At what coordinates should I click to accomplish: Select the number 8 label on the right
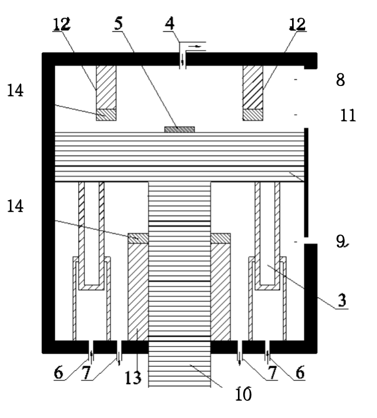(341, 81)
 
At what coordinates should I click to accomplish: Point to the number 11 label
(347, 115)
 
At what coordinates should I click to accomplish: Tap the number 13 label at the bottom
(133, 377)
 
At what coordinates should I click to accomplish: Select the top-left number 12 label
(61, 23)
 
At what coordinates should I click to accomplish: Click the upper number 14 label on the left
(16, 91)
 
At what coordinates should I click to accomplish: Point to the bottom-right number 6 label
(297, 373)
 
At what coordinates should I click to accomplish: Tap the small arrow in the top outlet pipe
(196, 46)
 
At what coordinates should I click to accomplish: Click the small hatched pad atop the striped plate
(180, 129)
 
